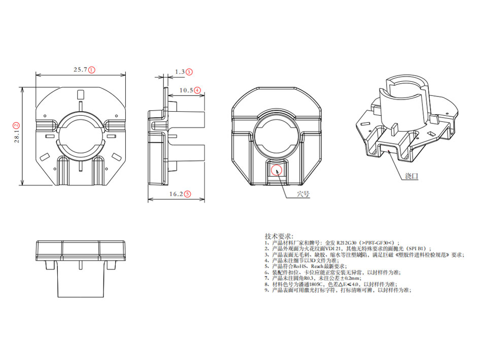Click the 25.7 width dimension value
81,70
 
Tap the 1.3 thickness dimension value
179,72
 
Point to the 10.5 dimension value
187,90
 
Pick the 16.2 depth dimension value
176,193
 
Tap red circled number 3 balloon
189,72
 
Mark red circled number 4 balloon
197,90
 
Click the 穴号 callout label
303,193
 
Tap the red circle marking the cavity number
276,169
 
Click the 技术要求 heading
279,236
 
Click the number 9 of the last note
266,290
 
